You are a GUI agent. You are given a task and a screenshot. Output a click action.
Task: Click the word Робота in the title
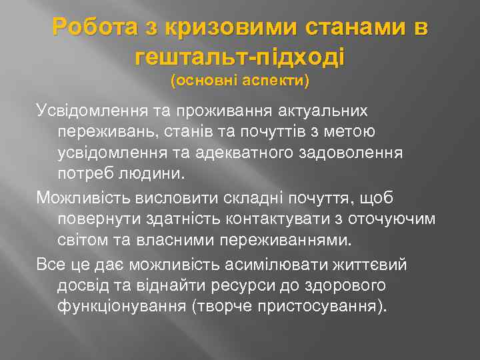(95, 28)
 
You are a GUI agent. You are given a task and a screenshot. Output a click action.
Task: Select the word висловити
(167, 197)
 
